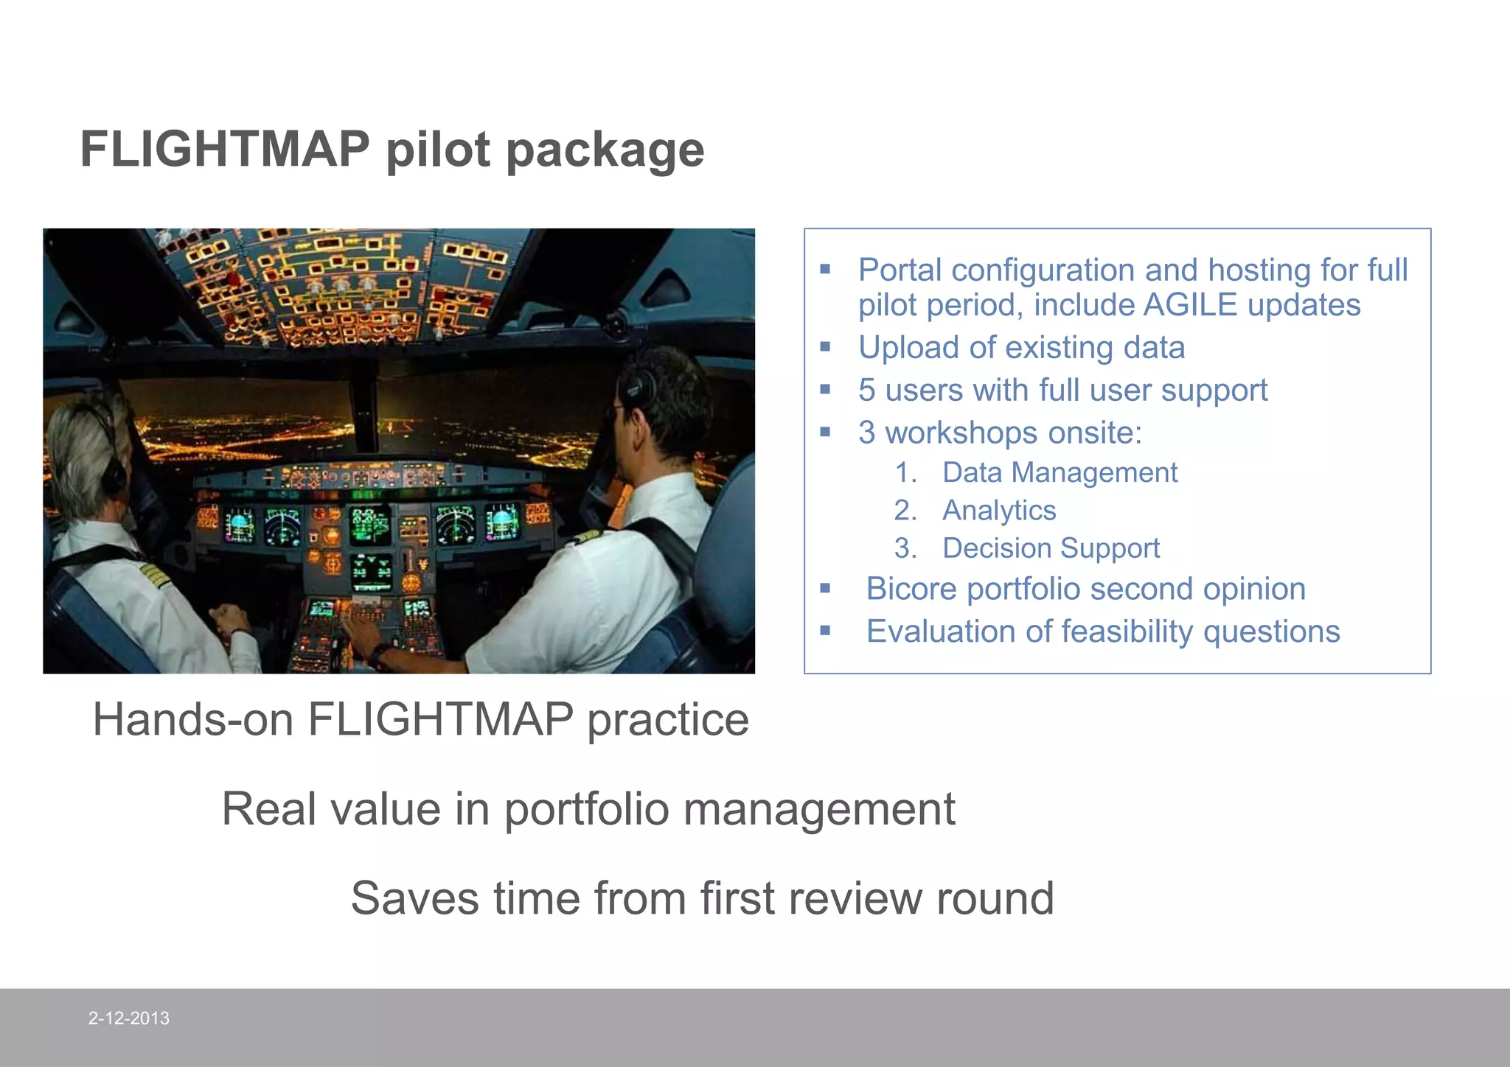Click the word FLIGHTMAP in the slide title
click(x=225, y=150)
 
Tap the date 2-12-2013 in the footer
click(x=129, y=1018)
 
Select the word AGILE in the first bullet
click(x=1190, y=305)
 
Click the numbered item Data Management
click(x=1060, y=472)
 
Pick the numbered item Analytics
click(x=999, y=511)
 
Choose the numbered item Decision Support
click(x=1051, y=548)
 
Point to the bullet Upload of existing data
click(x=1021, y=348)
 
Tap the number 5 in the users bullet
click(x=867, y=391)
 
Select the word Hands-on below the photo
click(x=194, y=719)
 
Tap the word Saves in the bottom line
click(x=414, y=898)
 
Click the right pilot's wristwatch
click(x=379, y=652)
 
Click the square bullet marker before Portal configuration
click(x=825, y=270)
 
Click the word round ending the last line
click(x=995, y=898)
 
